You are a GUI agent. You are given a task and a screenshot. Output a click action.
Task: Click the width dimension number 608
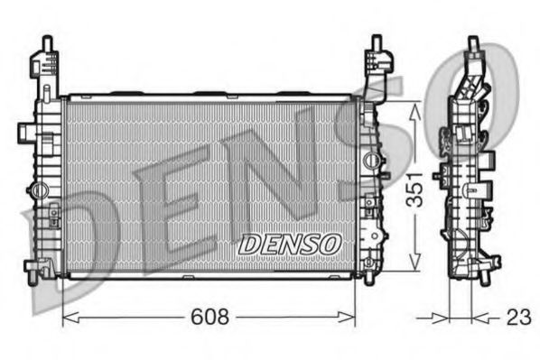pos(210,317)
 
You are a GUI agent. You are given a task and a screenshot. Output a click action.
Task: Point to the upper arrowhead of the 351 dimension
pos(414,107)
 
